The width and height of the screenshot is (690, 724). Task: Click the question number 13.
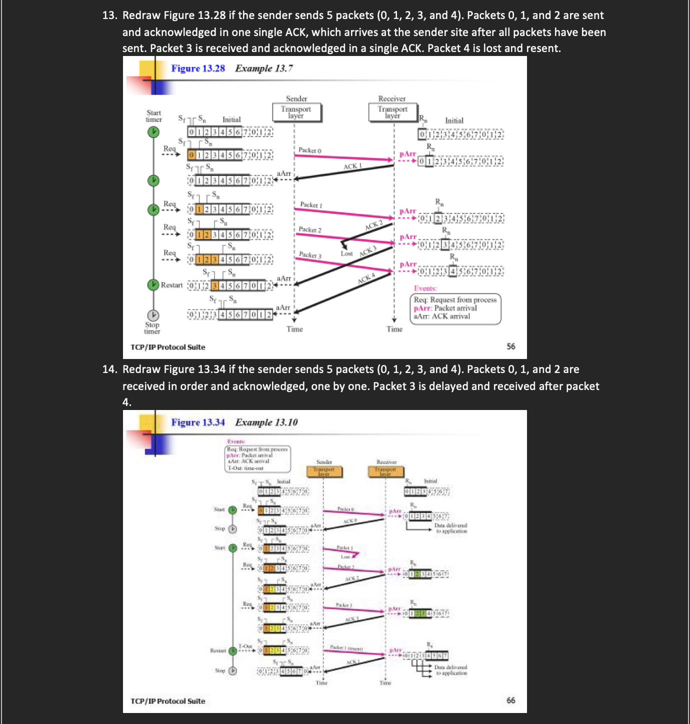coord(109,15)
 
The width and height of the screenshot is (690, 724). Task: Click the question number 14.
coord(109,369)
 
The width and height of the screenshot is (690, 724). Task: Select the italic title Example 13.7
coord(264,68)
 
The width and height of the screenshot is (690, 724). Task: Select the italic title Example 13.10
coord(266,422)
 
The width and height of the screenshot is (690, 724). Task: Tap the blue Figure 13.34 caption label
coord(198,422)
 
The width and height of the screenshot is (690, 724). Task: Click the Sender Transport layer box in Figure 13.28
coord(296,112)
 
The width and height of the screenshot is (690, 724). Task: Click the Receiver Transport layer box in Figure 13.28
coord(392,112)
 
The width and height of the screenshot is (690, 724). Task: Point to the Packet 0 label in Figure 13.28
coord(310,150)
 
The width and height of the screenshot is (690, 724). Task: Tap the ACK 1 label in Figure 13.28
coord(352,166)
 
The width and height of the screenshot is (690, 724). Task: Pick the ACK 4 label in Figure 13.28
coord(366,278)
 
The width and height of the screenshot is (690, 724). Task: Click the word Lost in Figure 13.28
coord(346,253)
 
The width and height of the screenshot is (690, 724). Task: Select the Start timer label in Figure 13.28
coord(153,116)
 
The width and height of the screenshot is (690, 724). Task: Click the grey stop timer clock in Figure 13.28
coord(153,315)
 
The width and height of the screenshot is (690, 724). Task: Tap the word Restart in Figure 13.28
coord(171,285)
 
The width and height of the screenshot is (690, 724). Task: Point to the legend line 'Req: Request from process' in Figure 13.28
coord(455,300)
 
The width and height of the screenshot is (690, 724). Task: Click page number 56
coord(510,346)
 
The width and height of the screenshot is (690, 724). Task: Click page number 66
coord(510,700)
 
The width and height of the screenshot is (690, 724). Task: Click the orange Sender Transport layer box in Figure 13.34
coord(323,471)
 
